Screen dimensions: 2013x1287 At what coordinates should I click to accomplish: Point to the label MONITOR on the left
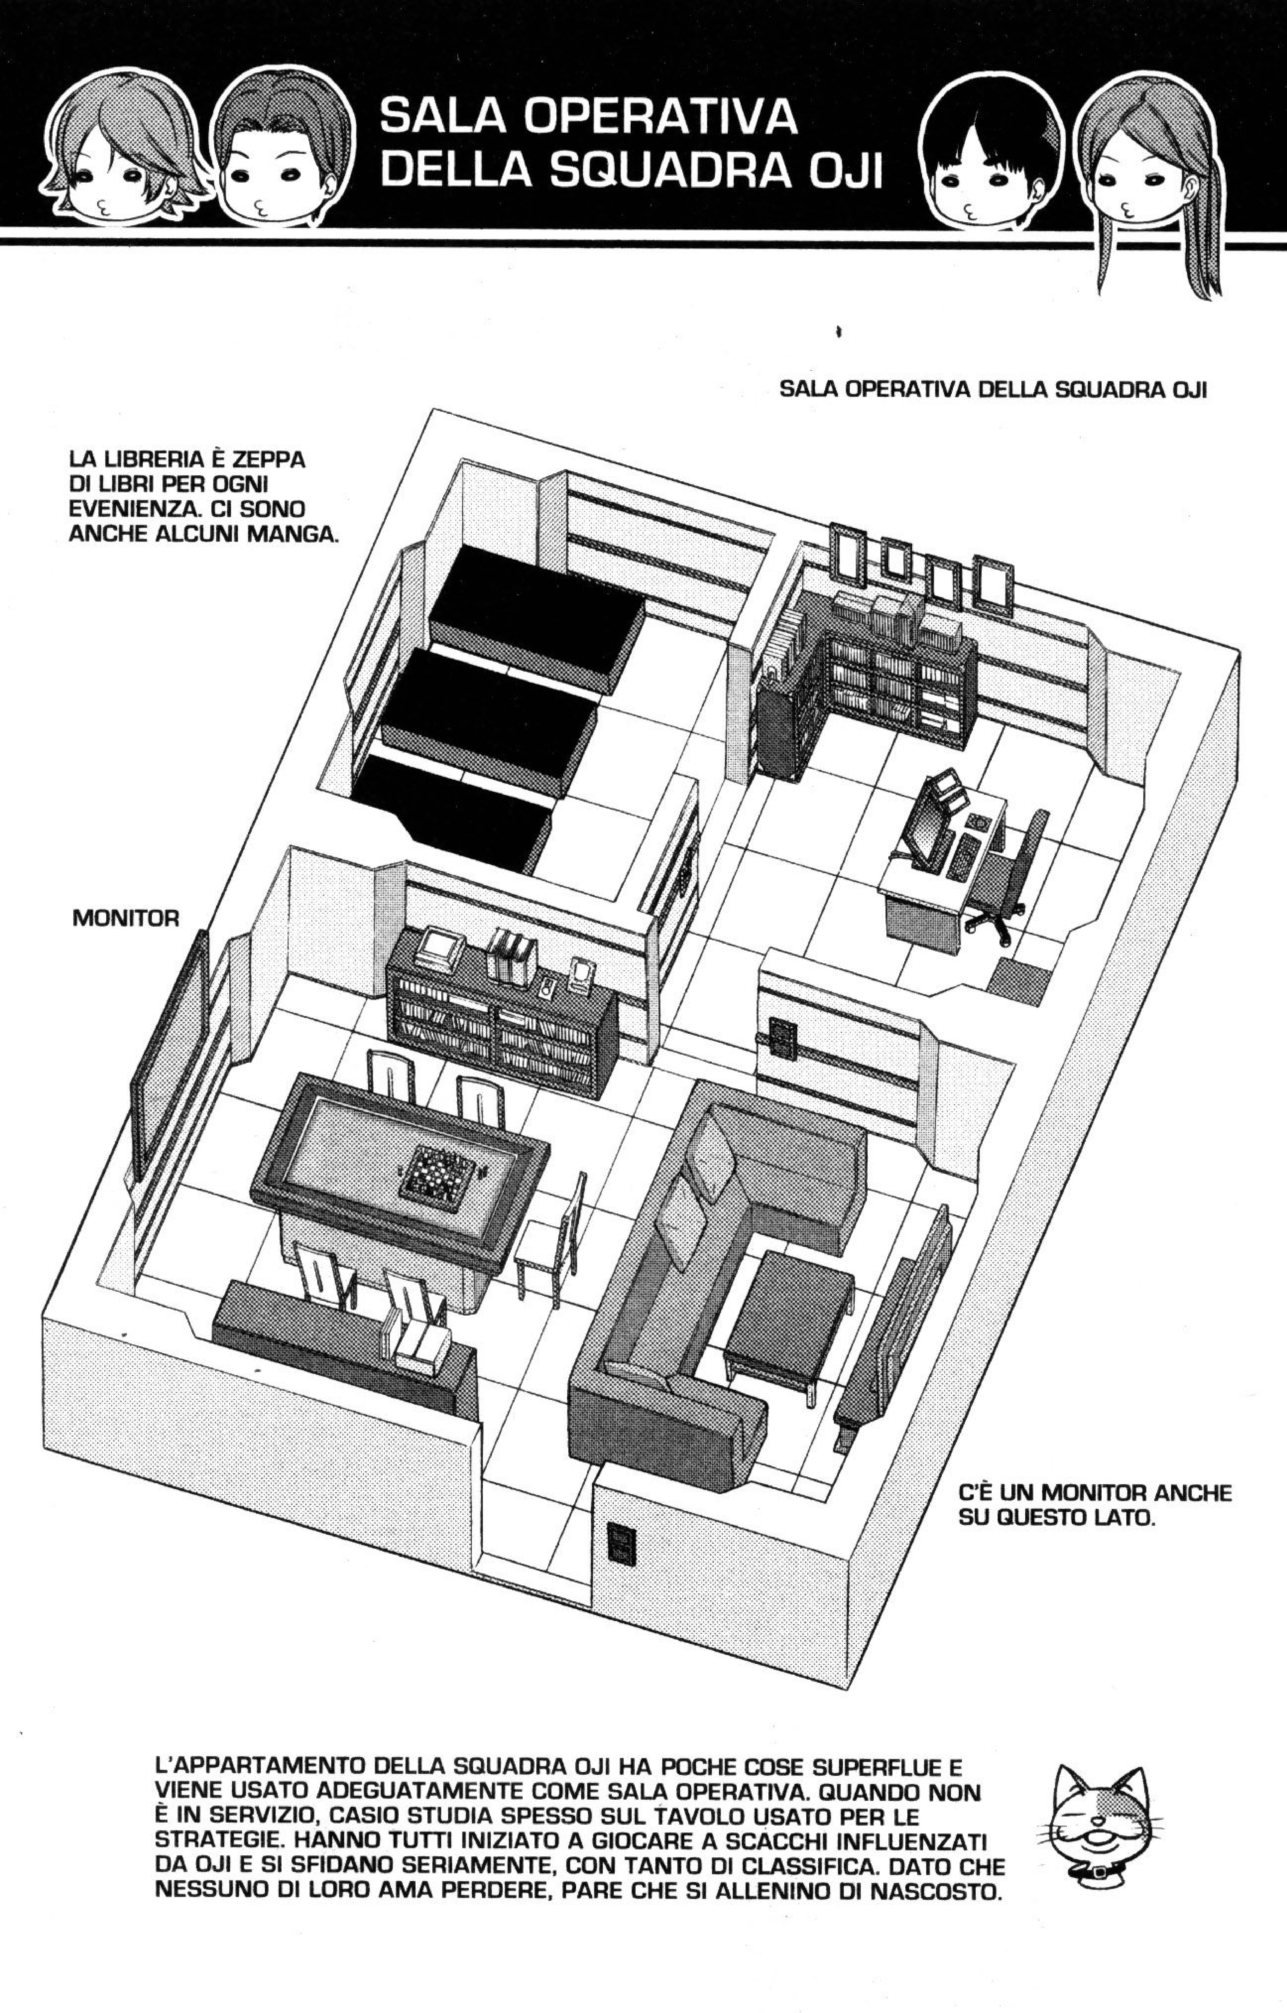pyautogui.click(x=125, y=919)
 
